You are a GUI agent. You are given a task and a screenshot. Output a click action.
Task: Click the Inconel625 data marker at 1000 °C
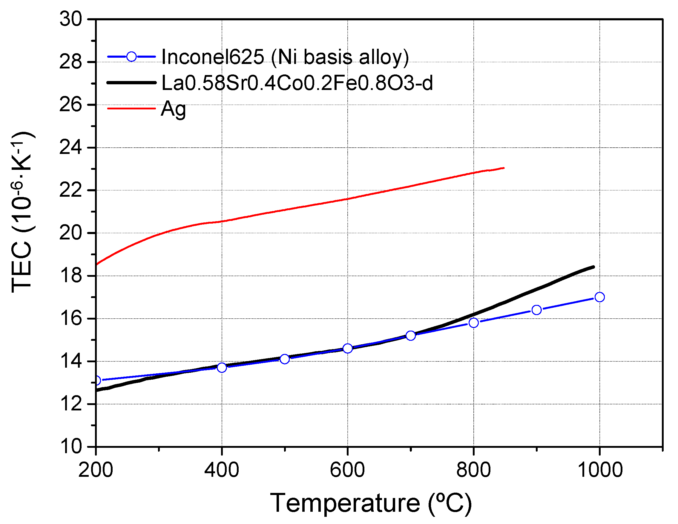599,297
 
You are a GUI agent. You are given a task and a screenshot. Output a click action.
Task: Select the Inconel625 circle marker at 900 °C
536,310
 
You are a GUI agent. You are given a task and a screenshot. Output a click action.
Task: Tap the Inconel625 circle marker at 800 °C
473,323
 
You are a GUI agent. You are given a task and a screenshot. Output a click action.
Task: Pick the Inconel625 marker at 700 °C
411,336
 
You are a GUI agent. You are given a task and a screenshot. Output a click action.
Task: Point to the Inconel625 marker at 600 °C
348,349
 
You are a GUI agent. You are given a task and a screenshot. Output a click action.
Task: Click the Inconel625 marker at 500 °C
285,359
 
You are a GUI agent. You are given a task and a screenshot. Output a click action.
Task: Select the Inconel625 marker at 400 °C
222,367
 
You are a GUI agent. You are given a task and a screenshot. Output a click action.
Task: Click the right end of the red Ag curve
504,168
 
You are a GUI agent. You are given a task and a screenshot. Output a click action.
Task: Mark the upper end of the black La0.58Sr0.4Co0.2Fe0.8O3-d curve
593,267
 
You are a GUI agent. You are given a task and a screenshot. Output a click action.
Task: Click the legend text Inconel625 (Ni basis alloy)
285,57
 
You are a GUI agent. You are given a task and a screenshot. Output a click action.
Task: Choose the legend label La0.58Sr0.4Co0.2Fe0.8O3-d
297,83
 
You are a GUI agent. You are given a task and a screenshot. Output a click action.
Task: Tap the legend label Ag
174,109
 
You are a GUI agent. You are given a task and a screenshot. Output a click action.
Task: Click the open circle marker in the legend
132,56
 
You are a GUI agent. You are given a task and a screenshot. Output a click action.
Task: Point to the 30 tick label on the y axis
71,19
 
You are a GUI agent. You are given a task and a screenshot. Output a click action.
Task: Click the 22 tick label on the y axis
71,190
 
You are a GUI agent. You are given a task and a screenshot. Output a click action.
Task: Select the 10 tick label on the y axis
71,447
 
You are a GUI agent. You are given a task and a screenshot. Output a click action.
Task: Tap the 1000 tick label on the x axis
599,470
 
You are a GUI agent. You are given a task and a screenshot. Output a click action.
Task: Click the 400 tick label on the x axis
222,470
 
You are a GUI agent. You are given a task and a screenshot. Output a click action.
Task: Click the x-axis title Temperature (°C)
371,503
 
